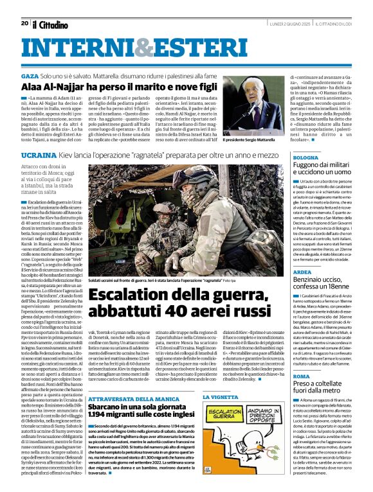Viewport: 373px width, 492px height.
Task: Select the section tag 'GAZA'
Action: click(30, 76)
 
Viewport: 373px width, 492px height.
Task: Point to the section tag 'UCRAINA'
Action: click(39, 155)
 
